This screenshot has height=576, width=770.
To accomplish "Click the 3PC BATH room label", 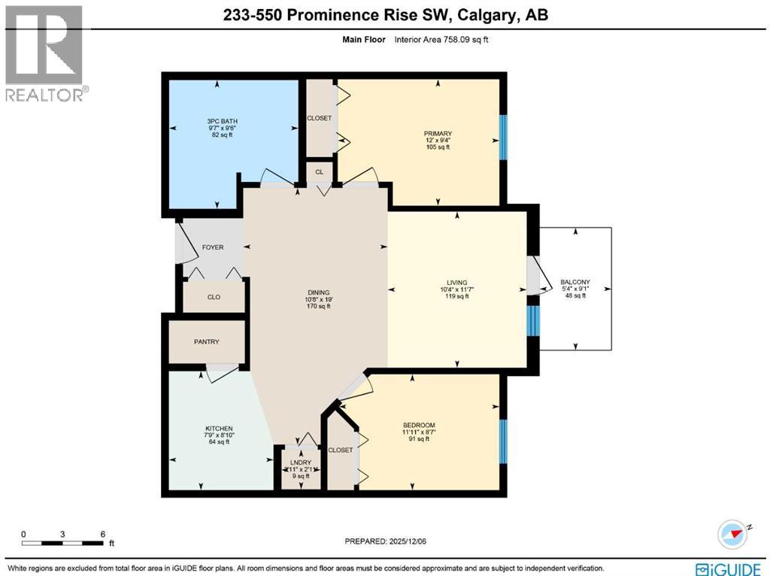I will [217, 120].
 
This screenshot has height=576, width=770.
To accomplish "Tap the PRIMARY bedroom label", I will [437, 133].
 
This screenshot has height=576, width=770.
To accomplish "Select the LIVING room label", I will [456, 281].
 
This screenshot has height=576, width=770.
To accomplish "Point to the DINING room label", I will [317, 293].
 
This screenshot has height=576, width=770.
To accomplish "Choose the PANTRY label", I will [206, 342].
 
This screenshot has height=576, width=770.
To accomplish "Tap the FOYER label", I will [213, 247].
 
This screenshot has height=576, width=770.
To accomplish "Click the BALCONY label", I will [575, 282].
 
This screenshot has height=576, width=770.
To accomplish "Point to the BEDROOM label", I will [419, 426].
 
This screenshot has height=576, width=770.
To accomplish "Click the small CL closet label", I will [320, 172].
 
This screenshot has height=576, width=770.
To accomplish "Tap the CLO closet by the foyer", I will [214, 297].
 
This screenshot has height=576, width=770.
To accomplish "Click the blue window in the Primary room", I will [504, 137].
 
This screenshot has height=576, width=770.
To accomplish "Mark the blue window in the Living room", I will [532, 320].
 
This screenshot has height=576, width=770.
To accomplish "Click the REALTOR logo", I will [45, 53].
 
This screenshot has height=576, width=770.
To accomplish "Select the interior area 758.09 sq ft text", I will [442, 39].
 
